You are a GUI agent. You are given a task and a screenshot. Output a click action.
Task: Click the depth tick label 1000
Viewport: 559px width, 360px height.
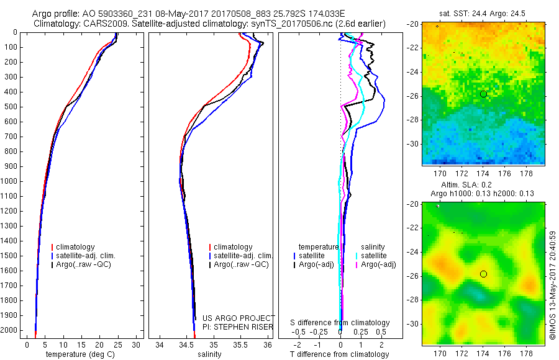[x=9, y=181]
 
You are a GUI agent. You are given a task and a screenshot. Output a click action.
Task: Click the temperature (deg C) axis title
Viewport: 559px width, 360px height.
[x=78, y=354]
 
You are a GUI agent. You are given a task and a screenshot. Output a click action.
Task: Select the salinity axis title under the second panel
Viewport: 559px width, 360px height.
[x=208, y=354]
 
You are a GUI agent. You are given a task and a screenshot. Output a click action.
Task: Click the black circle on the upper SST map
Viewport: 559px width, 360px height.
[x=483, y=94]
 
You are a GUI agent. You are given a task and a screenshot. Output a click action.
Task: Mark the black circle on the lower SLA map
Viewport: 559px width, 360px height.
[x=483, y=274]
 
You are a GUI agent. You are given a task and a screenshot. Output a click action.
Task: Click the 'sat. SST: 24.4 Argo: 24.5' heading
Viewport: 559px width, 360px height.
[x=483, y=12]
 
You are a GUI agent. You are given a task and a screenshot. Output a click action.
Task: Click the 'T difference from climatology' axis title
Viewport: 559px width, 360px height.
[x=340, y=354]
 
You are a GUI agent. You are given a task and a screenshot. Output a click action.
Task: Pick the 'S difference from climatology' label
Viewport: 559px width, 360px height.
[x=340, y=323]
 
